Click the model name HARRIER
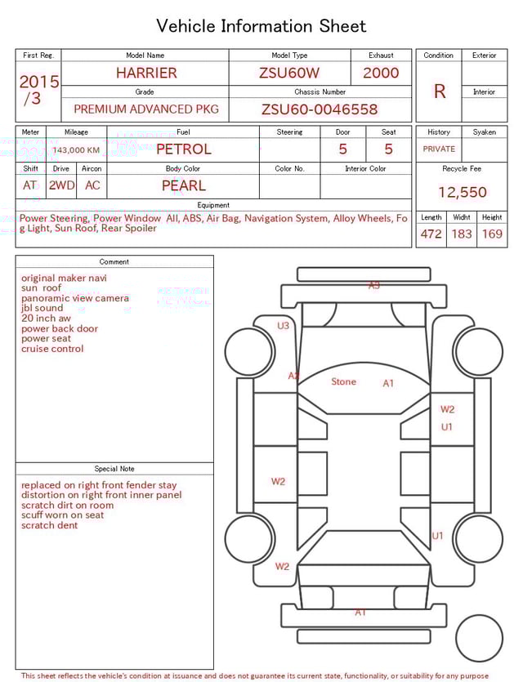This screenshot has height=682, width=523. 145,73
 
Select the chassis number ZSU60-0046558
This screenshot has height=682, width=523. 320,109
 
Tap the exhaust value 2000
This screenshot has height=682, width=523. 381,73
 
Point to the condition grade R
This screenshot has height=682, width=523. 439,91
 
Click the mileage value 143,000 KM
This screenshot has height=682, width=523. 76,150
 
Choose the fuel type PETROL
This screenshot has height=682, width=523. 183,149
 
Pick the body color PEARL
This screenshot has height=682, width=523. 183,185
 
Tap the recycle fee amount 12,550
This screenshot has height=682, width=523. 462,193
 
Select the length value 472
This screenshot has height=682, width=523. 431,234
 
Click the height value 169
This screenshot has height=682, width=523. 492,234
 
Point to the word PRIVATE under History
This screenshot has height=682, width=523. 439,149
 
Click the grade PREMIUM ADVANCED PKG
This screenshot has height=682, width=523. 145,109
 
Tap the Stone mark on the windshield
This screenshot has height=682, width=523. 343,381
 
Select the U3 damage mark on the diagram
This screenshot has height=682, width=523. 283,326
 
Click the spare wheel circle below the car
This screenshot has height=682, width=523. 479,638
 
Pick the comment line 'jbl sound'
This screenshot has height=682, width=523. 42,309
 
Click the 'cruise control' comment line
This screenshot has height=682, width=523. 52,349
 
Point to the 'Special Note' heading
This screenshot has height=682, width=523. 114,469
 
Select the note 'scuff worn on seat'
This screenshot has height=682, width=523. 63,515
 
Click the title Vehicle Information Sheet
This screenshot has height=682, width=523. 261,26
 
